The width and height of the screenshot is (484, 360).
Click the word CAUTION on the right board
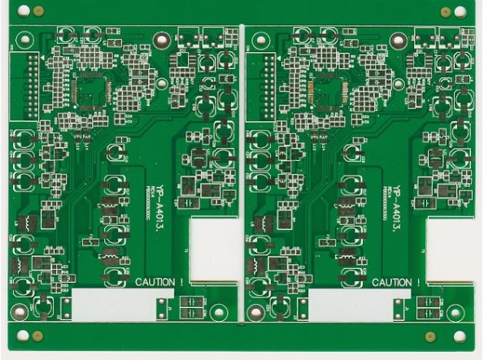coord(396,282)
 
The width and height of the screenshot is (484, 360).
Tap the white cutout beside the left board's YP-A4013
coord(214,251)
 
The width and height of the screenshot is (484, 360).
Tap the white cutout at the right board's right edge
coord(450,251)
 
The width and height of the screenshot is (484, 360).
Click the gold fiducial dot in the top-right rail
coord(445,11)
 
